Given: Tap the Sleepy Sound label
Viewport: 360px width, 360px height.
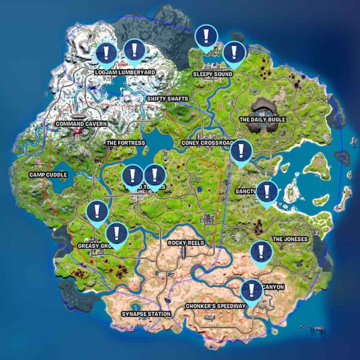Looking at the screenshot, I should pos(212,74).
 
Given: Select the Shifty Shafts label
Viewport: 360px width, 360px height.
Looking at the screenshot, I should pos(167,98).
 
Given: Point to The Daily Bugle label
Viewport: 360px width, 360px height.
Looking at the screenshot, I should pos(262,120).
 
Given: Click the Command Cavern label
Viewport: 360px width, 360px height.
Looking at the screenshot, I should pos(81,124).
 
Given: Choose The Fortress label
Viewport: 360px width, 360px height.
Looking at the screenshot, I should pos(125,143).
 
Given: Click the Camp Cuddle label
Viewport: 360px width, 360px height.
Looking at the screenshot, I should pos(48,175).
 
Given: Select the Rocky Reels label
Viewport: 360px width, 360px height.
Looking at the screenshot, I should pos(186,243).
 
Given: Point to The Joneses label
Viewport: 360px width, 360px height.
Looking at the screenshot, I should pos(290,239).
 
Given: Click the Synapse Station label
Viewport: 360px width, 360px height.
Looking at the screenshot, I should pos(146,314).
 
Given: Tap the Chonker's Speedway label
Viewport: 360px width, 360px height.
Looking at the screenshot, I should pos(215,306).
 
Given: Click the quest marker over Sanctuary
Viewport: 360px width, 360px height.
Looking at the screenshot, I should pos(267,192).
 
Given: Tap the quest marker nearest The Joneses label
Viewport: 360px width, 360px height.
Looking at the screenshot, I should pos(261,252).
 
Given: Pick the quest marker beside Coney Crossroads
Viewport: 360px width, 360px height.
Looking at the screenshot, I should pos(241,151).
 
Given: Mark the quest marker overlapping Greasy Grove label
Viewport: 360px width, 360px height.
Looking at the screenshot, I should pos(116,234).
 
